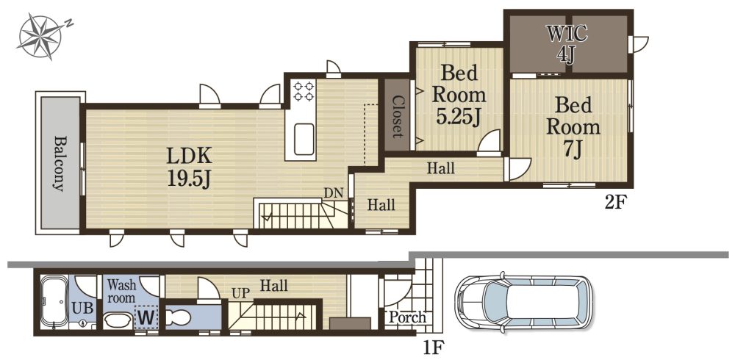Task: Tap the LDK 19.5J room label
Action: coord(190,167)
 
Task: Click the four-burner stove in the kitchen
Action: coord(304,91)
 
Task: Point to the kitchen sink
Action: coord(304,139)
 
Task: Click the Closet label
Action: coord(397,117)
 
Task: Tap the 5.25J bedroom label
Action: coord(459,96)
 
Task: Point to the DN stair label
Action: coord(333,192)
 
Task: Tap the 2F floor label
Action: coord(615,203)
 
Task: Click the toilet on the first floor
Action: coord(179,318)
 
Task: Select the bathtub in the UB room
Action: coord(55,301)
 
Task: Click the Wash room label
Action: coord(121,291)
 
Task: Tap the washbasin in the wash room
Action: coord(118,320)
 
